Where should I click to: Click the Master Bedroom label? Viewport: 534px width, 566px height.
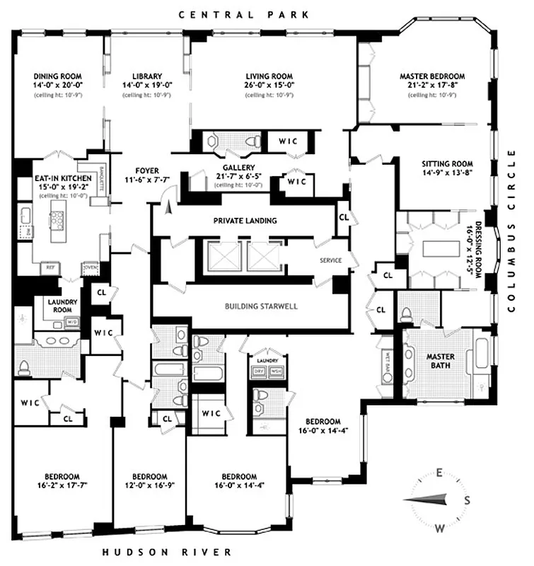[432, 76]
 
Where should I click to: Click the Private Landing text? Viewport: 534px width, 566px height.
[245, 221]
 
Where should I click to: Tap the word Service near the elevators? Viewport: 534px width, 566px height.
[331, 260]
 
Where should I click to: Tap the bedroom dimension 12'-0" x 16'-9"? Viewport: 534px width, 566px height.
[150, 485]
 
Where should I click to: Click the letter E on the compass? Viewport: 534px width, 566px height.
[439, 473]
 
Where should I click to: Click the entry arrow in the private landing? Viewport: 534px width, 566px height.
[168, 207]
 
